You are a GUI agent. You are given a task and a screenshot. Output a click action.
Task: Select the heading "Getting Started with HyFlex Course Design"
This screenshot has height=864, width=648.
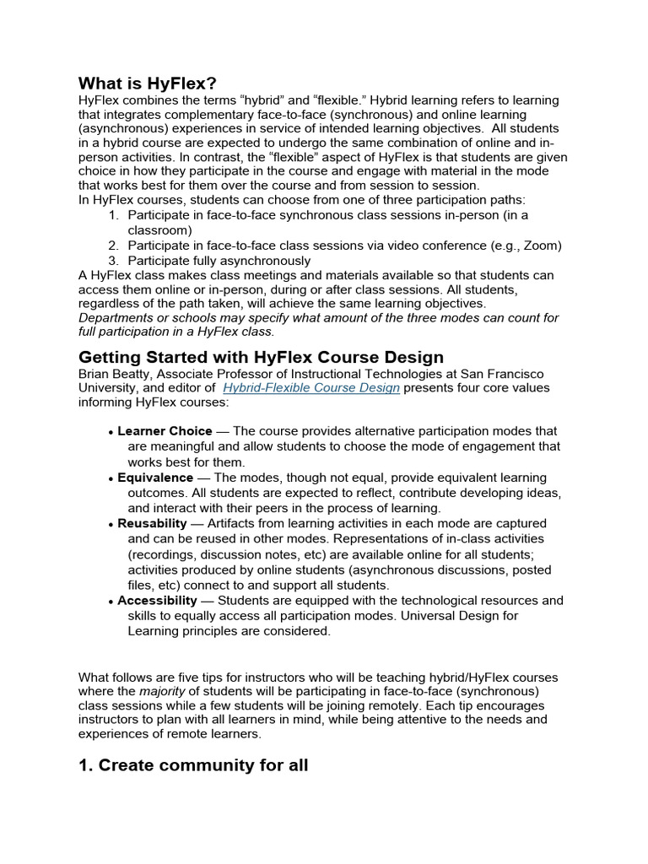click(x=261, y=357)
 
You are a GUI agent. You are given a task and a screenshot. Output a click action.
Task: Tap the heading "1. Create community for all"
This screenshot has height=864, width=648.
click(x=193, y=765)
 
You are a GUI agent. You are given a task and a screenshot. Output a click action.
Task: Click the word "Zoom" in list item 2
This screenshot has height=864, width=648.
click(x=541, y=246)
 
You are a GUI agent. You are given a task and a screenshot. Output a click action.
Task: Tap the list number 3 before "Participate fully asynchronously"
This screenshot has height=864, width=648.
click(x=113, y=261)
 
